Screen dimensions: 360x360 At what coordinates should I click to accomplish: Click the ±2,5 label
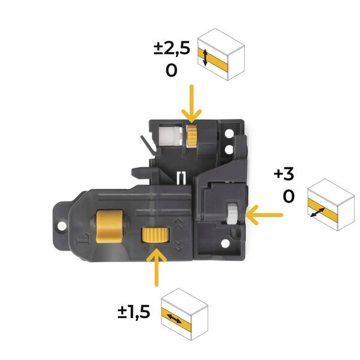[x=172, y=48]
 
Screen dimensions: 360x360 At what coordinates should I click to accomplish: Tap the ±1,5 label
[x=134, y=312]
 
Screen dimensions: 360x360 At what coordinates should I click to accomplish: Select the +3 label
[x=284, y=174]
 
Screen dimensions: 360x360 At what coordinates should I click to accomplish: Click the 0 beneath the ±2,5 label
[x=172, y=70]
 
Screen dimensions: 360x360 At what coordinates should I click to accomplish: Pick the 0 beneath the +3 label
[x=289, y=196]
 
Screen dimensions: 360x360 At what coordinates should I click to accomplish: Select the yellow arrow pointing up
[x=157, y=268]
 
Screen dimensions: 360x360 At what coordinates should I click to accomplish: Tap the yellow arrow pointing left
[x=264, y=215]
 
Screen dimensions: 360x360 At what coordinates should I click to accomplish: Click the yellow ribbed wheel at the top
[x=192, y=136]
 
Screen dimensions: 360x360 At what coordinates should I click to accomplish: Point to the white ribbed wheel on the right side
[x=232, y=214]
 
